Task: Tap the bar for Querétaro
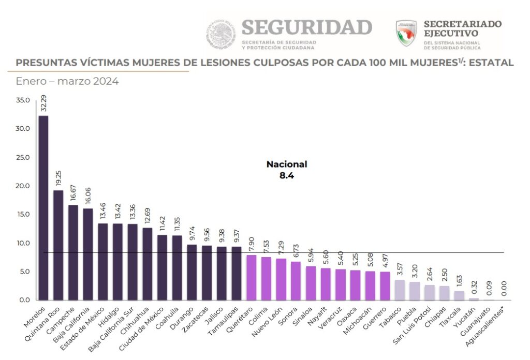pyautogui.click(x=252, y=277)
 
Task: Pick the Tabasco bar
pyautogui.click(x=399, y=290)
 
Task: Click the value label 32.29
pyautogui.click(x=44, y=102)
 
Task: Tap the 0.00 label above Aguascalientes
pyautogui.click(x=504, y=288)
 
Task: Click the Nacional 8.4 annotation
pyautogui.click(x=287, y=170)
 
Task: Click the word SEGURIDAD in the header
pyautogui.click(x=307, y=27)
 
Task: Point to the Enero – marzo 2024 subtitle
pyautogui.click(x=67, y=82)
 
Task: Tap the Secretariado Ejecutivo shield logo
pyautogui.click(x=406, y=34)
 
